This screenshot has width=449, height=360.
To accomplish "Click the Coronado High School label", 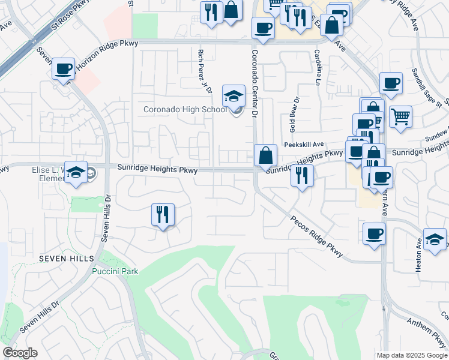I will (185, 109).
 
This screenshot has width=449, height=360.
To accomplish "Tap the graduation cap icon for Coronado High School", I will (234, 96).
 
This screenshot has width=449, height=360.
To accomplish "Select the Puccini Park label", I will (115, 271).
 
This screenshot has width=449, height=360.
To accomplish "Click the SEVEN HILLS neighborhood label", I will (67, 258).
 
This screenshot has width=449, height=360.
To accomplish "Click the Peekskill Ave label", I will (304, 145).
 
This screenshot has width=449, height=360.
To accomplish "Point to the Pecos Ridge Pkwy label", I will (317, 236).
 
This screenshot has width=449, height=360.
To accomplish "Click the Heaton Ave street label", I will (418, 255).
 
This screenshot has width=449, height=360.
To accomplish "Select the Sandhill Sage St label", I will (426, 88).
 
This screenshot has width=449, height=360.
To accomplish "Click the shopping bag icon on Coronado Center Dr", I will (265, 155).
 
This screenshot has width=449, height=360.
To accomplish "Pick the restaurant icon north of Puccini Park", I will (162, 214).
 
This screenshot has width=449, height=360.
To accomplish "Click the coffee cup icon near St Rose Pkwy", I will (63, 68).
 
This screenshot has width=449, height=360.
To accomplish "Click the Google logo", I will (20, 353).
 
